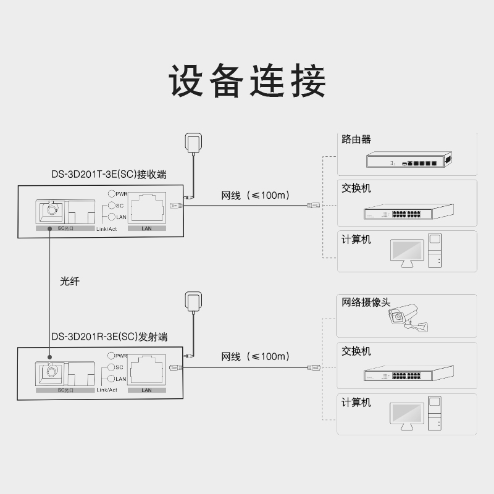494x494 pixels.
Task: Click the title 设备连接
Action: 248,81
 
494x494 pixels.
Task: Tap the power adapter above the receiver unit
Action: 193,144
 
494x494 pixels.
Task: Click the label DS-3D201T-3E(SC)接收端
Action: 109,174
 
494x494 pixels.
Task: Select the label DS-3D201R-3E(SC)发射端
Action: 109,337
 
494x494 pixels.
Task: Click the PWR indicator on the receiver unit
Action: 112,193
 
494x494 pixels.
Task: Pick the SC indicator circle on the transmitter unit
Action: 111,367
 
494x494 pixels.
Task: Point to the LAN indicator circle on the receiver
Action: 112,217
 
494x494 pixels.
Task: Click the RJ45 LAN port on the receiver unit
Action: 147,208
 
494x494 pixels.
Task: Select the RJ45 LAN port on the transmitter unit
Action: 147,370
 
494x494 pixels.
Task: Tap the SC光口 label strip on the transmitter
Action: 65,390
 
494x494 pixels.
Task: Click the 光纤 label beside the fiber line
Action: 70,281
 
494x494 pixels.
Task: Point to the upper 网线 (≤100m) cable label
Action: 255,195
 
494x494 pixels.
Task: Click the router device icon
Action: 409,159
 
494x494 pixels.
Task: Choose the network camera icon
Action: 408,317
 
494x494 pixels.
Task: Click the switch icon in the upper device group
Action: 409,211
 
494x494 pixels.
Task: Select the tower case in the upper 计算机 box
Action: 435,251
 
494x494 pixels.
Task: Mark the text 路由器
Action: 356,140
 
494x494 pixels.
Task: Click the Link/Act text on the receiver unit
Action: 106,229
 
